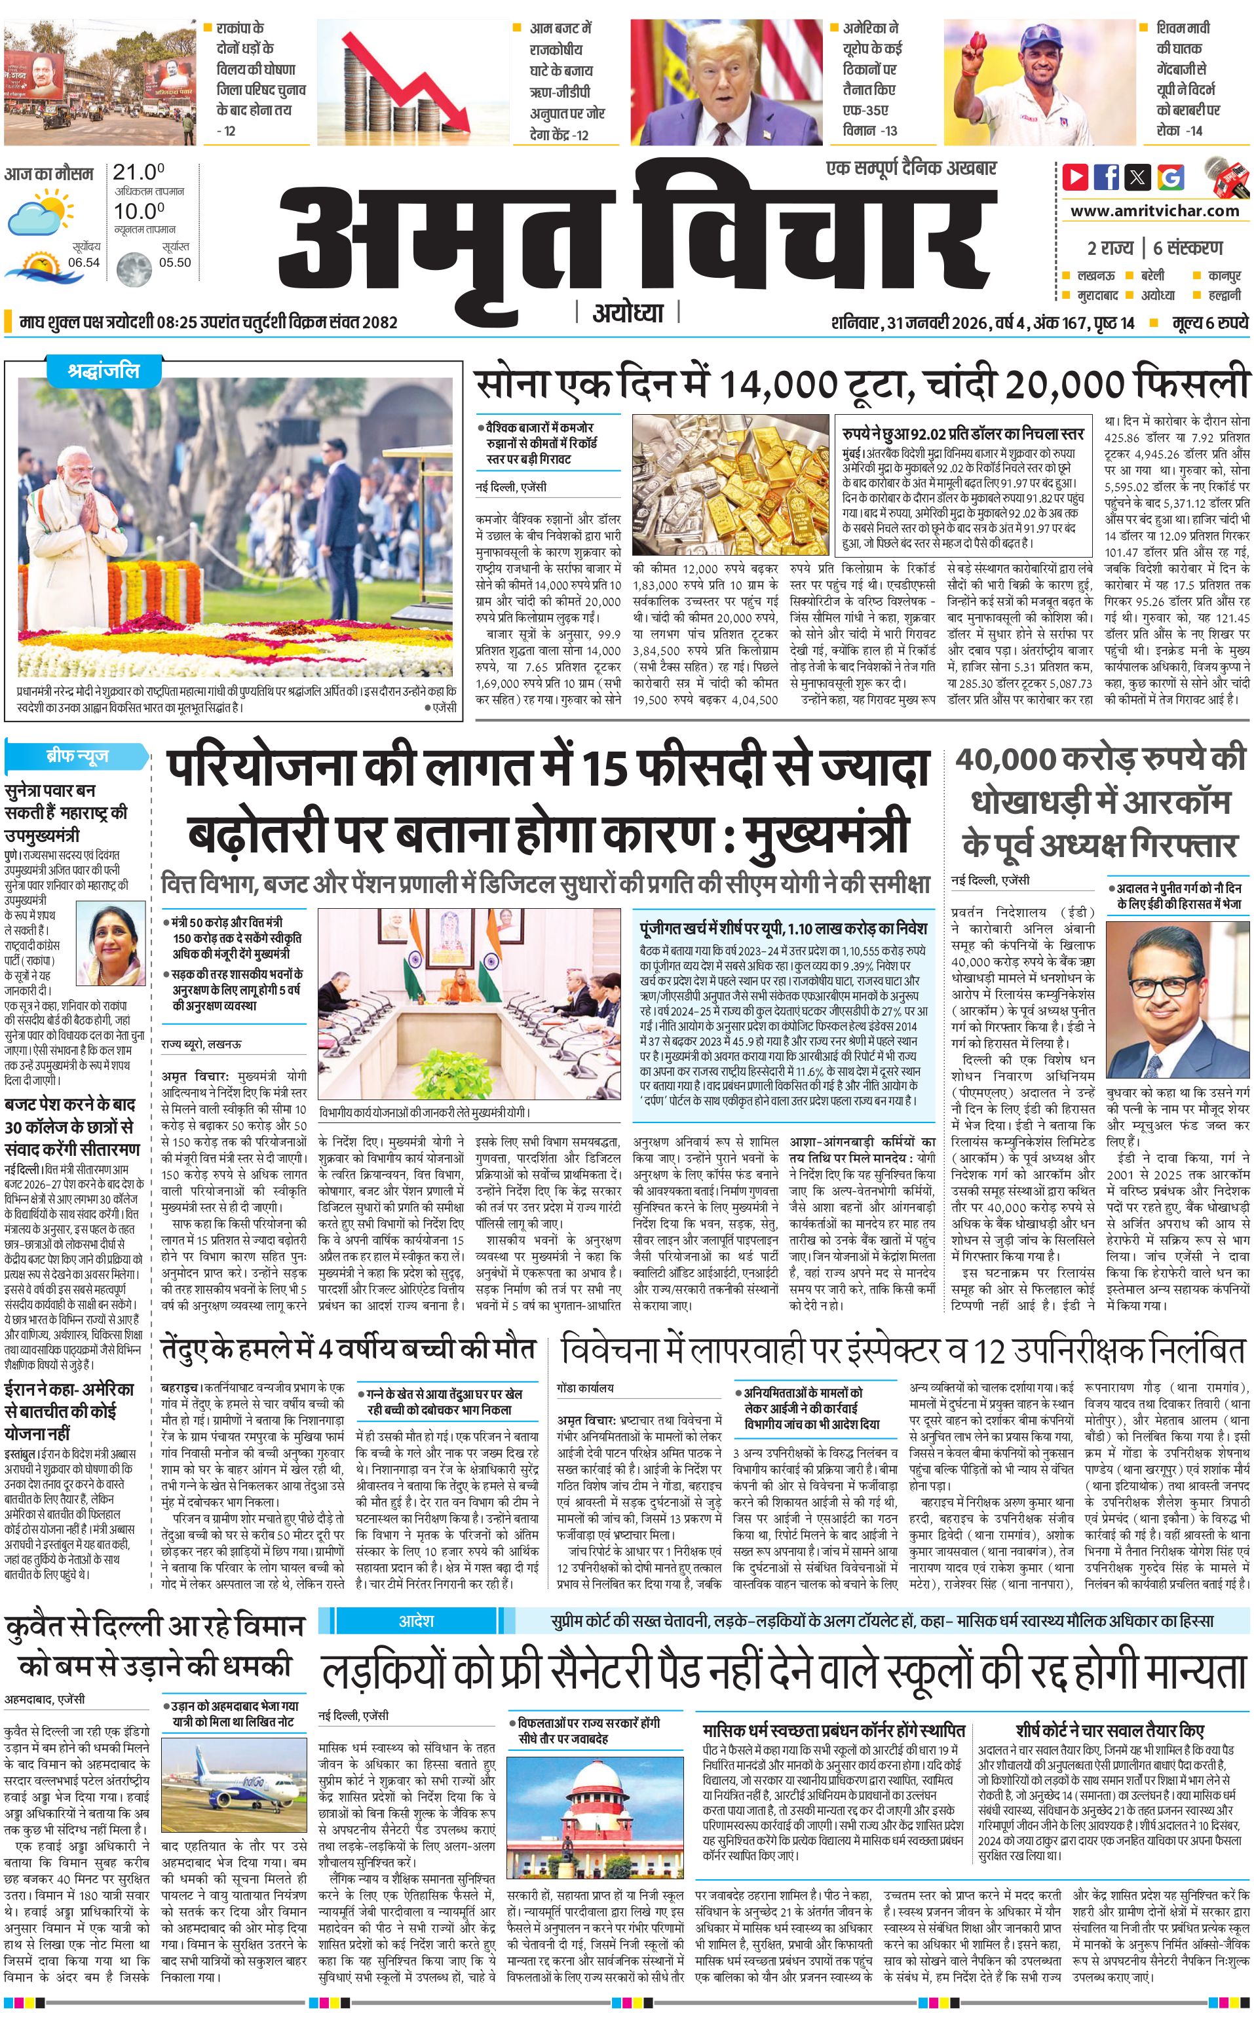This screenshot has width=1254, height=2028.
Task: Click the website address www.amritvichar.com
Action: pos(1154,211)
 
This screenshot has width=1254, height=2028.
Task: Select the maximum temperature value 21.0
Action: pos(138,172)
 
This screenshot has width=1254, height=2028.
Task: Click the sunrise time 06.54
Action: pos(84,262)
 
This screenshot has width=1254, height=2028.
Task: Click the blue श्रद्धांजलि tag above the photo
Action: pos(104,372)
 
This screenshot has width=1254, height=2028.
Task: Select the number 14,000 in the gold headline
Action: pos(778,384)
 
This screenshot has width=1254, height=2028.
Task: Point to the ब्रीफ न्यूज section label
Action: pos(77,756)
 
